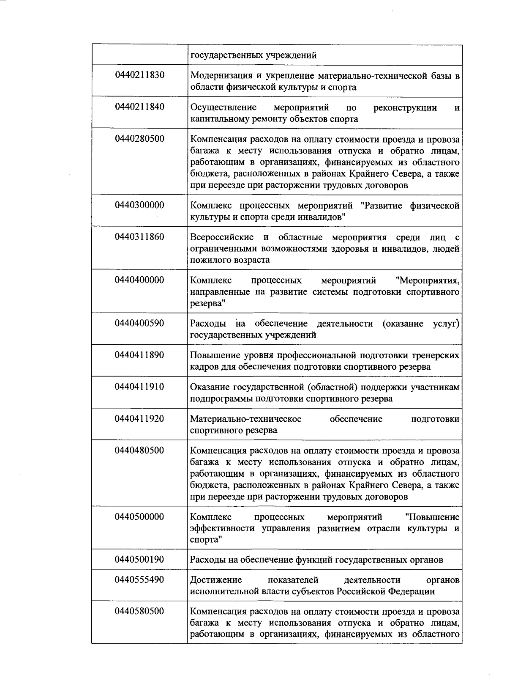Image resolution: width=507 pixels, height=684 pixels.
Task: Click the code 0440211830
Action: pyautogui.click(x=139, y=75)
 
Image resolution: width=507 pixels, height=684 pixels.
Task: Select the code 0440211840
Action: pyautogui.click(x=139, y=107)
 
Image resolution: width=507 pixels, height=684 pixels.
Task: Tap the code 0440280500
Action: pyautogui.click(x=139, y=139)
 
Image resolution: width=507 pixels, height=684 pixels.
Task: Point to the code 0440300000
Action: pyautogui.click(x=139, y=205)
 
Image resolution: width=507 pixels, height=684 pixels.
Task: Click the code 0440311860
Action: pyautogui.click(x=139, y=236)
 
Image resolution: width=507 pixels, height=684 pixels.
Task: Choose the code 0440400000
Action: pyautogui.click(x=139, y=280)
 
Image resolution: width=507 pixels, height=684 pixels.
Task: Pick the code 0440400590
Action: pyautogui.click(x=139, y=323)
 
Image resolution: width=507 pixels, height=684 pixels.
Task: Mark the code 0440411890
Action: pyautogui.click(x=139, y=355)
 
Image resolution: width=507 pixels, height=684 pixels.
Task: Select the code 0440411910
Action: pyautogui.click(x=139, y=387)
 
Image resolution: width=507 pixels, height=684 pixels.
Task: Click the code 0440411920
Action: pyautogui.click(x=139, y=419)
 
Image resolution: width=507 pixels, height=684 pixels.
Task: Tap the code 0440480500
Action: pyautogui.click(x=139, y=450)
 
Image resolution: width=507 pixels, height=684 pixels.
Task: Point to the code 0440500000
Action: pyautogui.click(x=139, y=517)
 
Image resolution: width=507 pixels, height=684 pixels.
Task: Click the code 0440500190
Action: pyautogui.click(x=139, y=560)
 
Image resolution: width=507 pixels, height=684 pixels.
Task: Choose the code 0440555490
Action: pyautogui.click(x=139, y=580)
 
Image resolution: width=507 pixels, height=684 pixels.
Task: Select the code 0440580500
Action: pyautogui.click(x=139, y=611)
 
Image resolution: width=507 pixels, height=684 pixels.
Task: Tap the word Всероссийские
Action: pyautogui.click(x=222, y=237)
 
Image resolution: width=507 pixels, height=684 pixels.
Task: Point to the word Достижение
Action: pyautogui.click(x=216, y=580)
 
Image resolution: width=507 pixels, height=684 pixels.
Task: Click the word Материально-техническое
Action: pyautogui.click(x=245, y=419)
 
